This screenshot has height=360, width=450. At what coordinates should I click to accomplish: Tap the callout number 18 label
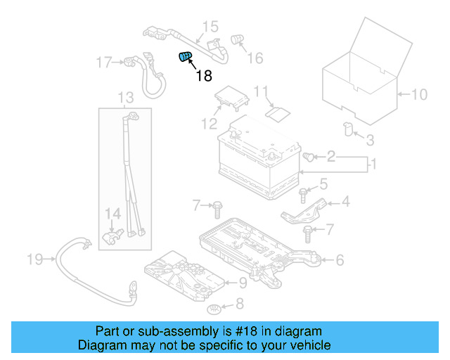pyautogui.click(x=203, y=76)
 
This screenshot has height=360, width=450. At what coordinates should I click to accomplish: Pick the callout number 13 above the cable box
pyautogui.click(x=125, y=97)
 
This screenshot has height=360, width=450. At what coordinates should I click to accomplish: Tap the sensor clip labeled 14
pyautogui.click(x=112, y=236)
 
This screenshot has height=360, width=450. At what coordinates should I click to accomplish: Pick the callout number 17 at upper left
pyautogui.click(x=104, y=63)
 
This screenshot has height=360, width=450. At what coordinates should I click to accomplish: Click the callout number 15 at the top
pyautogui.click(x=210, y=27)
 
